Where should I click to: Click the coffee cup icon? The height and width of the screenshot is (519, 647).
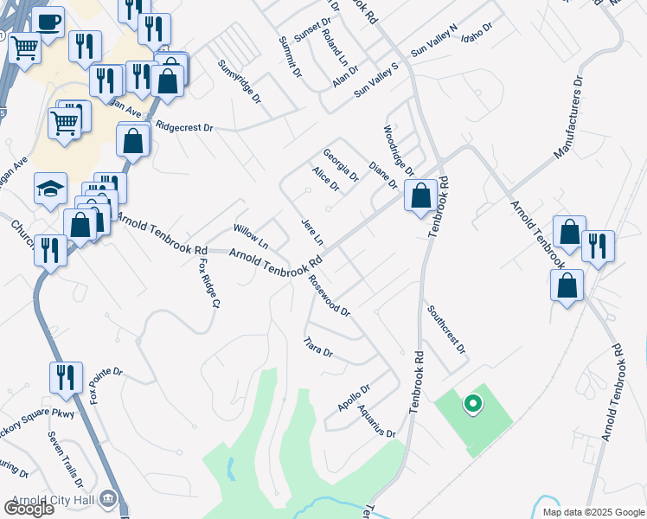(48, 21)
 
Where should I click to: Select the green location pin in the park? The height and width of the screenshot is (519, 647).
(472, 403)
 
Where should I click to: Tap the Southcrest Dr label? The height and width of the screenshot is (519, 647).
(446, 330)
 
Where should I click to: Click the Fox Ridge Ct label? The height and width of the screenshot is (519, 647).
(205, 284)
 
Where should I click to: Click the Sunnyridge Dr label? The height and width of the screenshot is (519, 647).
(240, 82)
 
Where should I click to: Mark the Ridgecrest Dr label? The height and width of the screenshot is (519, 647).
(184, 127)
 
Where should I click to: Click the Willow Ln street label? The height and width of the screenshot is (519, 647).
(251, 234)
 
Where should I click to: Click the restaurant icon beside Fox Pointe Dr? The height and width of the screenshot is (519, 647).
(66, 378)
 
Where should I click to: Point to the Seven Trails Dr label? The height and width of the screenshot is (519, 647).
(66, 458)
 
